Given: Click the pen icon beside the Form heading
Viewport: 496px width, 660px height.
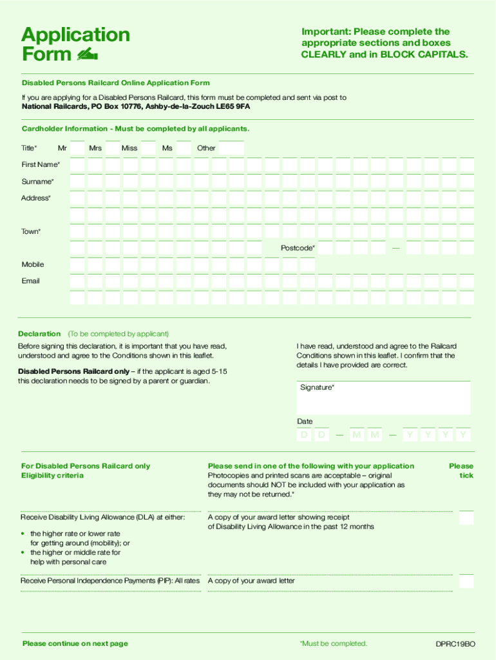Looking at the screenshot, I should tap(87, 55).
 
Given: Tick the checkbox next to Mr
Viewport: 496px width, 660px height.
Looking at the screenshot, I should tap(77, 148).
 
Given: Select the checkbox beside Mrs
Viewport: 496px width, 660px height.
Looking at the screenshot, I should tap(113, 148).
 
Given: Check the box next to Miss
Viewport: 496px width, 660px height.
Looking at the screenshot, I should tap(148, 148).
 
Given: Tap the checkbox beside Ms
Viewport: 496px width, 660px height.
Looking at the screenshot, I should tap(184, 148).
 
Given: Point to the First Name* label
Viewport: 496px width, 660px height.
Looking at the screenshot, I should tap(41, 165).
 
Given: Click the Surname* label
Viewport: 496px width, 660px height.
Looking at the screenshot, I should tap(37, 182).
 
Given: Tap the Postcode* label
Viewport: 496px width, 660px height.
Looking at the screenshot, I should tap(298, 248).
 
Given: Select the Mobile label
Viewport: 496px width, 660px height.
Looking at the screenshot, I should tap(33, 265).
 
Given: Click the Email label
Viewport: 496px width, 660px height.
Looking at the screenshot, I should tap(30, 281).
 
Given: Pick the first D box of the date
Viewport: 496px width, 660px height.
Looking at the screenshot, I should tap(303, 436).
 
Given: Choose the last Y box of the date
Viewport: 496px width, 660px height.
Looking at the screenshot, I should tap(463, 436).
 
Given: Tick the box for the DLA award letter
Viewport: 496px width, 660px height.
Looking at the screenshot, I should tap(466, 518).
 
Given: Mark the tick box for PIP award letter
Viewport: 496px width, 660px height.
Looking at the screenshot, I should tap(466, 581).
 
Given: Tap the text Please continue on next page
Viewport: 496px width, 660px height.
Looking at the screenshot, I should tap(75, 644).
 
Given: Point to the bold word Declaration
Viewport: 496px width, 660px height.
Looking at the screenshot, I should tap(39, 334).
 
